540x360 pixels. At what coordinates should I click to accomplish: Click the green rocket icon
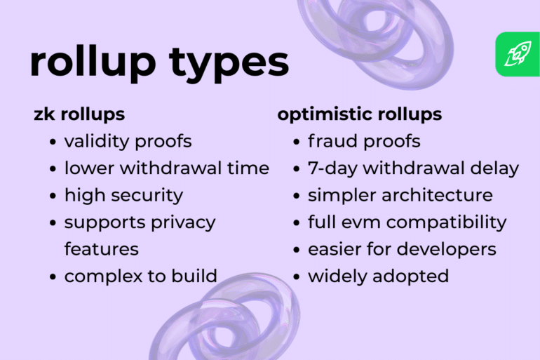coord(518,55)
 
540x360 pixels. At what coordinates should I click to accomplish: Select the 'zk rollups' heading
coord(79,114)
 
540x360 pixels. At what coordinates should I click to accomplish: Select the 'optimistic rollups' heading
coord(360,114)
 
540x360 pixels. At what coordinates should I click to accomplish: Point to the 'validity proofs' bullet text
coord(128,141)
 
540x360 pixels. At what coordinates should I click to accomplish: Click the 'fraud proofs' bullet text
coord(364,141)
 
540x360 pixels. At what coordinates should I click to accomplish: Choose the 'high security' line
coord(123,195)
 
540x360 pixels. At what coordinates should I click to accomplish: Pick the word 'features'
coord(102,248)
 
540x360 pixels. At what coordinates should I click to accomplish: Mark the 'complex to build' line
coord(140,276)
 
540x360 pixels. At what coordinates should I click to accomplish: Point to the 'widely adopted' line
coord(378,276)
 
